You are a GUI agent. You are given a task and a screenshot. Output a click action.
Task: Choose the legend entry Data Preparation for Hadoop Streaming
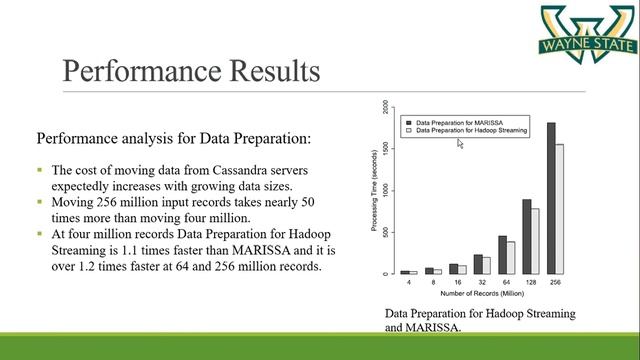tap(470, 130)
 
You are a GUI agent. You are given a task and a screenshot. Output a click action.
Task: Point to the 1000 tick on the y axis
tap(384, 190)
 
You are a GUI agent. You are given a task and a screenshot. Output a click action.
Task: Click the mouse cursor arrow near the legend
tap(460, 143)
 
